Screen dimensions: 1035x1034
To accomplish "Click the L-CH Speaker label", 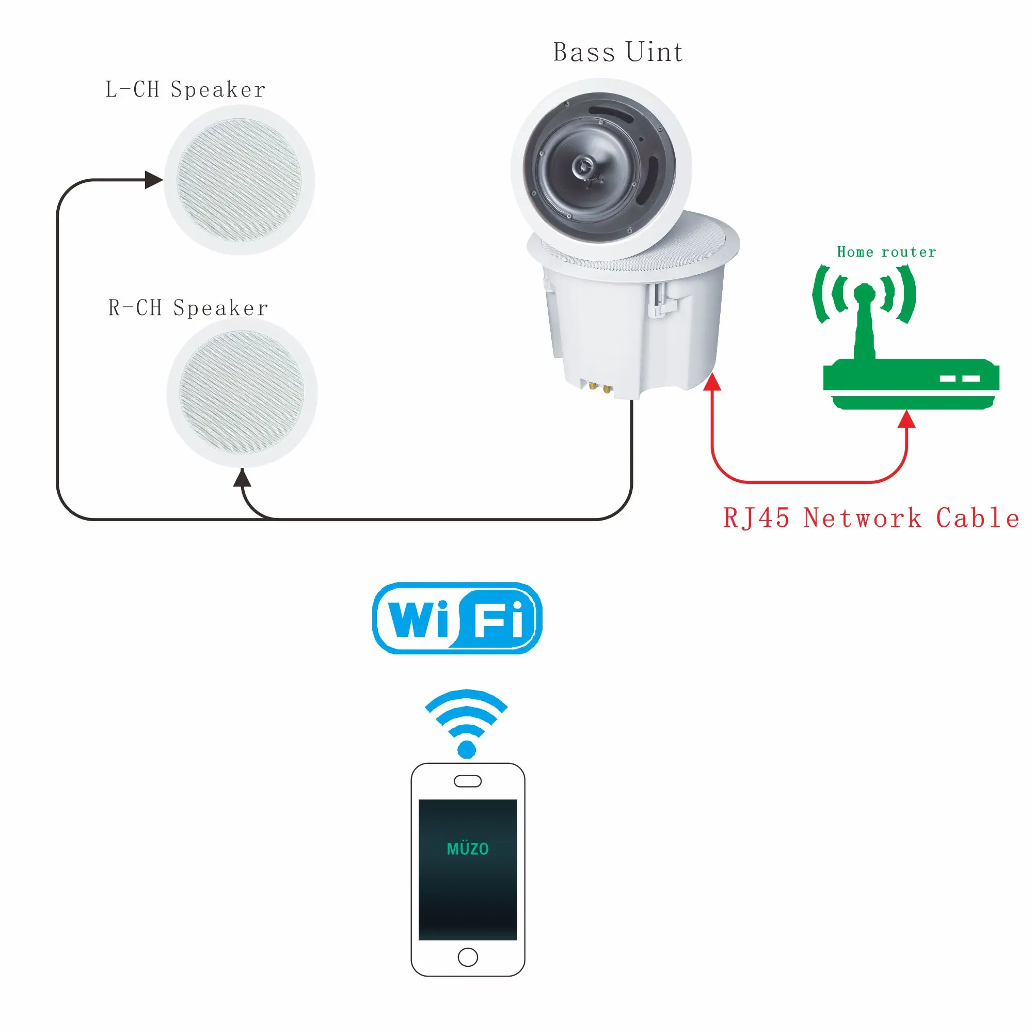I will pos(185,89).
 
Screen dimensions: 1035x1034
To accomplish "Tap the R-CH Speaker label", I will pos(188,308).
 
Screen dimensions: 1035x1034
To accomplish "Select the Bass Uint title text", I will pos(617,53).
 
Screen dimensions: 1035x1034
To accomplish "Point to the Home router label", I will pos(886,252).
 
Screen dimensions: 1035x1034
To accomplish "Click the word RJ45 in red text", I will pos(756,518).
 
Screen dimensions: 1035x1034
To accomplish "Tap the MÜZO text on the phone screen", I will pos(468,849).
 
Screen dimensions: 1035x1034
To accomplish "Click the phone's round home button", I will pos(468,957).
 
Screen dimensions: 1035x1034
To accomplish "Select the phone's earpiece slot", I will pos(468,781).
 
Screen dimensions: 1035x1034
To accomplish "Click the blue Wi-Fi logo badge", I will pos(457,618).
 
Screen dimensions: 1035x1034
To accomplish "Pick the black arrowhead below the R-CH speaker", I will pos(242,477).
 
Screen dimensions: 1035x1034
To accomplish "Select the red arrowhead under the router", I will pos(906,419).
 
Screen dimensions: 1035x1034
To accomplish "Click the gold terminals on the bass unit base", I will pos(599,387).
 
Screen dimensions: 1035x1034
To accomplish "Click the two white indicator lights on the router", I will pos(960,378).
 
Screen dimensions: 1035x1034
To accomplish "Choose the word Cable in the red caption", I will pos(977,518).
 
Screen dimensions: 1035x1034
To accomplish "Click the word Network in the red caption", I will pos(862,518).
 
